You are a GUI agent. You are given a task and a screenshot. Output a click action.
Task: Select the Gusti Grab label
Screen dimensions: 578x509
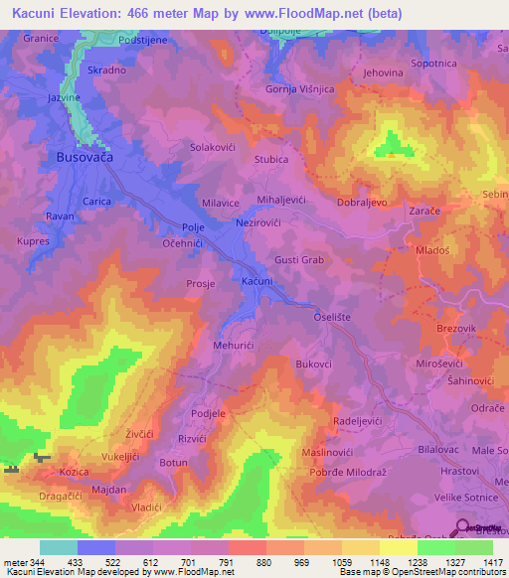tap(299, 259)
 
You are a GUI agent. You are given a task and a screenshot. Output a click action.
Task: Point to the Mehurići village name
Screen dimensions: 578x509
tap(236, 346)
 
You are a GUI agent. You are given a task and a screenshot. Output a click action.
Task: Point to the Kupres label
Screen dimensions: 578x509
tap(33, 240)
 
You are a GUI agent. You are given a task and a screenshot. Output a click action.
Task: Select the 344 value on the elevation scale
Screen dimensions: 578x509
tap(30, 561)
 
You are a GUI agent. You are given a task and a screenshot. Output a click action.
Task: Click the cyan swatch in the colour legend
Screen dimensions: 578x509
tap(58, 547)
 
